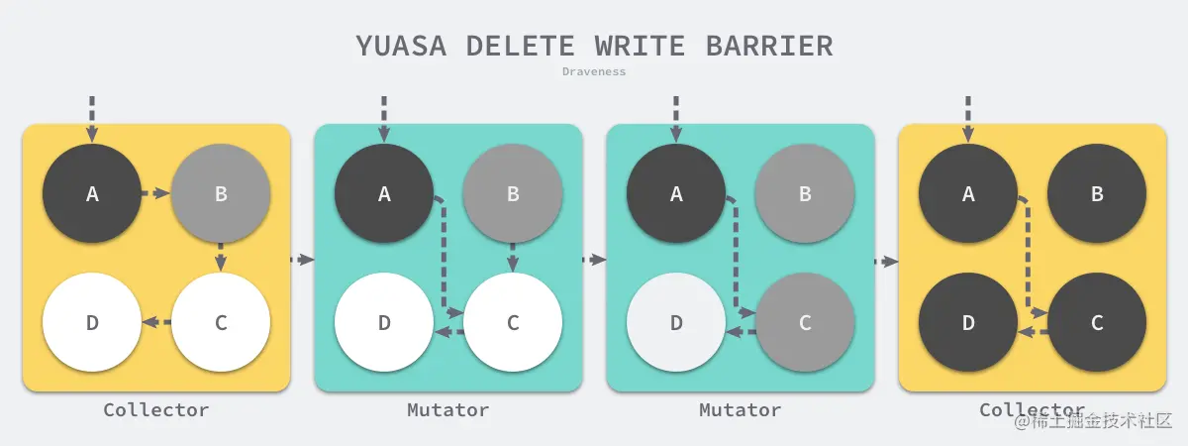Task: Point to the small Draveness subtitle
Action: [594, 71]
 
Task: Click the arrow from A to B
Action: [154, 193]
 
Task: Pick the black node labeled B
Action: [1097, 194]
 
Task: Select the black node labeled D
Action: [968, 322]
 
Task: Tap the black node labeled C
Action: [1097, 322]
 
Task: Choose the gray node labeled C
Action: [805, 322]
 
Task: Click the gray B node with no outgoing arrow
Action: [805, 194]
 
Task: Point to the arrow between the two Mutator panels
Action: [594, 260]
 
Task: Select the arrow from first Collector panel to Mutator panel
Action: [302, 260]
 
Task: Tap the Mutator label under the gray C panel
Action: [740, 409]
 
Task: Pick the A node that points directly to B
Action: [92, 194]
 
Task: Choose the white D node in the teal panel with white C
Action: [384, 322]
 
